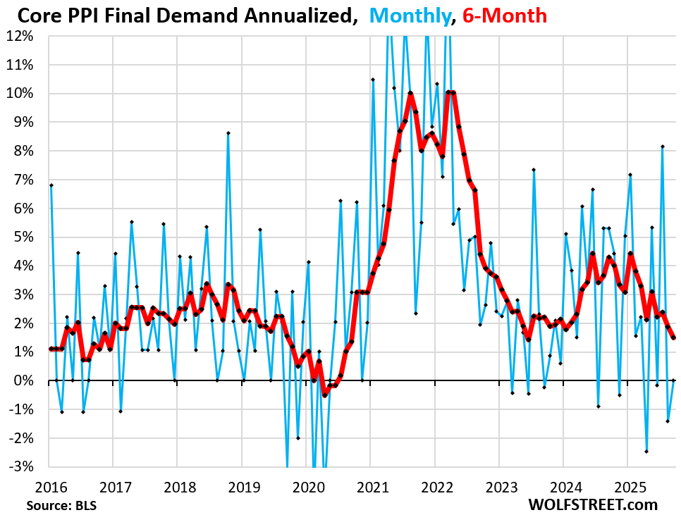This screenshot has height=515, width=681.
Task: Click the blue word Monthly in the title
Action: (x=410, y=15)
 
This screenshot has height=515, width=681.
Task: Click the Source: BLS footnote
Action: (x=61, y=505)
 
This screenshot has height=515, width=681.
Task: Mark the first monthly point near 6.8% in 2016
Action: (x=51, y=185)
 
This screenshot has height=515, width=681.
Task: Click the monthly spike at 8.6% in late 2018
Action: (x=228, y=133)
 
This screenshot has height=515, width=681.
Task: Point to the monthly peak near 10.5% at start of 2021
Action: (x=373, y=80)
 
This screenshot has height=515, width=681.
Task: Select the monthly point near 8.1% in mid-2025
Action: (x=663, y=147)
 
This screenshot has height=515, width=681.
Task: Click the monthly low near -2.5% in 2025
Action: (x=646, y=452)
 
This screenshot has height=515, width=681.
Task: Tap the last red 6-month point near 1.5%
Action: (x=673, y=337)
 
